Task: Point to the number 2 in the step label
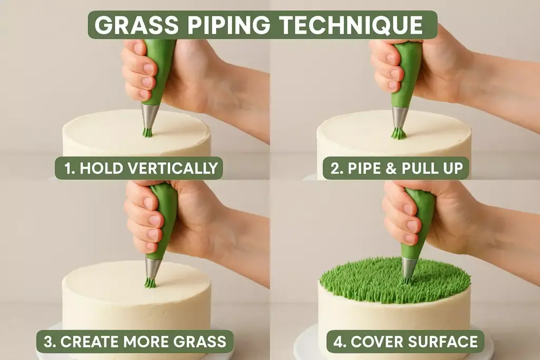pos(335,168)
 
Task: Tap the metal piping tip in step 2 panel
pos(400,117)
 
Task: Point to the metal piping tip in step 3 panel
pos(153,268)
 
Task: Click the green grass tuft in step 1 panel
pos(148,132)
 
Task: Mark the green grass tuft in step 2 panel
pos(399,133)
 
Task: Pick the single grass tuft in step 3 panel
pos(151,283)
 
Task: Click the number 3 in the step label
pos(49,342)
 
